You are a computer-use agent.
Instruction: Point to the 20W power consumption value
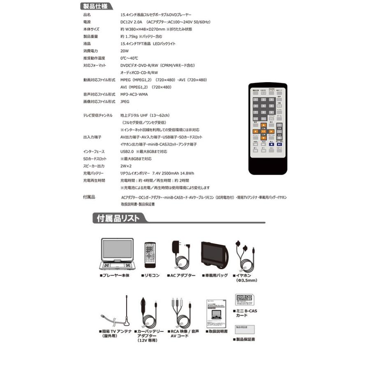pos(125,51)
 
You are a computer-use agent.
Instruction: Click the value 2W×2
pos(126,166)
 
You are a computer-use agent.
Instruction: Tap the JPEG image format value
pos(125,101)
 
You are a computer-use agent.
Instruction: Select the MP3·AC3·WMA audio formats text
pos(134,94)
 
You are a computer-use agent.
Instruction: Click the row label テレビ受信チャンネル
pos(97,116)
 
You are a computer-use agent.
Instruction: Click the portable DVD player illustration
pos(117,254)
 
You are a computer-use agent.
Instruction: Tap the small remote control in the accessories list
pos(150,256)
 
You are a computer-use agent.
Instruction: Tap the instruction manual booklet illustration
pos(217,312)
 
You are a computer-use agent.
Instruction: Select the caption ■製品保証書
pos(243,340)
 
